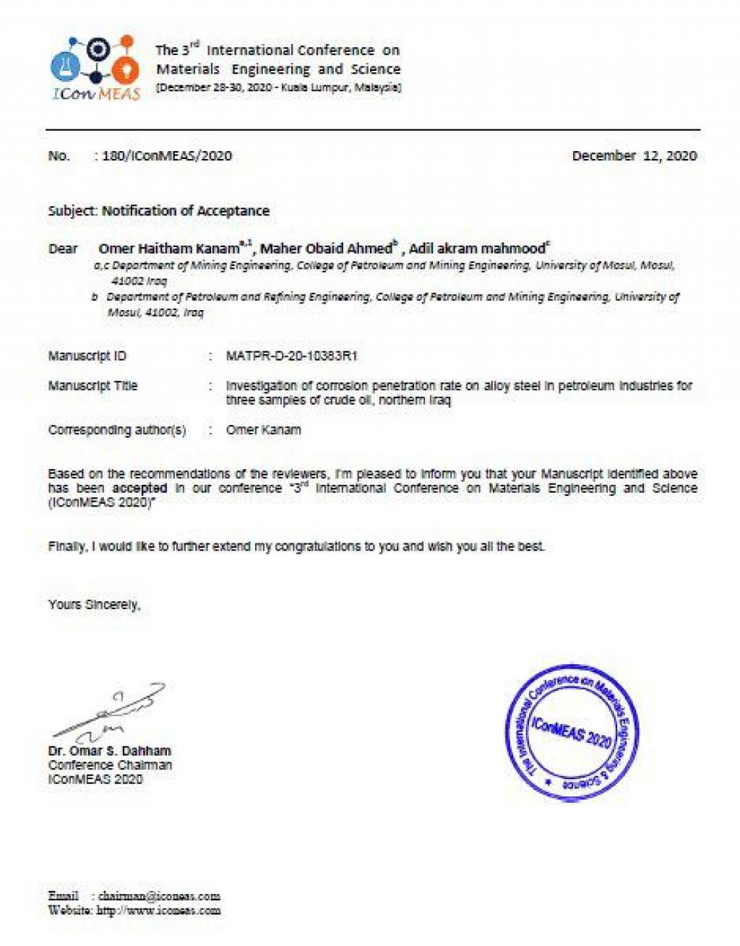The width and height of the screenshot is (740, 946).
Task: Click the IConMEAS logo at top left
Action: click(95, 68)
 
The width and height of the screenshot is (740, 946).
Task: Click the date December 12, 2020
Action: click(634, 156)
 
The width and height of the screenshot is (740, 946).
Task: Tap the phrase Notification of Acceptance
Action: click(185, 211)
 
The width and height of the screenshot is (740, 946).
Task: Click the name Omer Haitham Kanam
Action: click(169, 249)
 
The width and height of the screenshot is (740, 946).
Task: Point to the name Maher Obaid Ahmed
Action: click(326, 249)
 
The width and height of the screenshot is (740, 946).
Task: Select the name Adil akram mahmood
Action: click(477, 249)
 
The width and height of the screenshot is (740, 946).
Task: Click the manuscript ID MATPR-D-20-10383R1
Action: click(291, 356)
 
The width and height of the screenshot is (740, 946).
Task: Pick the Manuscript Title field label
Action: click(92, 386)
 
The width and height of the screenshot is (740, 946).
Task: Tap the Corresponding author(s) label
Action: click(117, 430)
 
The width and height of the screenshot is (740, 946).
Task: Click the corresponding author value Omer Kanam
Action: click(263, 430)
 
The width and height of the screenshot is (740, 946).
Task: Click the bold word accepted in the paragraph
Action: click(139, 489)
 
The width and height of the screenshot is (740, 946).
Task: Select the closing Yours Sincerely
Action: click(94, 604)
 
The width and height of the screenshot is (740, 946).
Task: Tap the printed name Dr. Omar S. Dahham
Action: click(109, 751)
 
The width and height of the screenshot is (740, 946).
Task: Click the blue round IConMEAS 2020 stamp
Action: click(571, 731)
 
